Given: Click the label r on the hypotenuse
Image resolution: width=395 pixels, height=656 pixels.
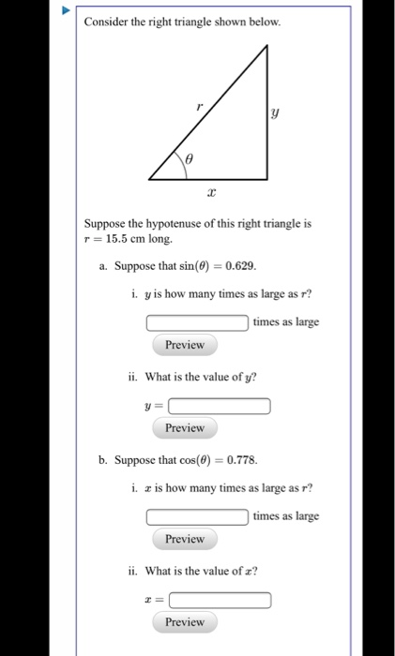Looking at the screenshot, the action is click(x=198, y=106).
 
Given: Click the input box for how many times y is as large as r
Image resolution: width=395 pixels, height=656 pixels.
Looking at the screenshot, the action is click(x=197, y=322).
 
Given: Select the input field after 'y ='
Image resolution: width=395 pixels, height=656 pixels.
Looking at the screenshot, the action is click(x=220, y=406).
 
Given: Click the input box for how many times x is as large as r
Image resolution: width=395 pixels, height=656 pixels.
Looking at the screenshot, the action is click(x=197, y=517).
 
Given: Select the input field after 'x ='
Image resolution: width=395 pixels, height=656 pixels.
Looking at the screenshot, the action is click(x=220, y=600).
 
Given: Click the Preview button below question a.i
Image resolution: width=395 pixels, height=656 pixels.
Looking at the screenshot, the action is click(x=184, y=345).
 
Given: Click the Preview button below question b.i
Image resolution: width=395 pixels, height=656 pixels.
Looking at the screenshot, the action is click(x=184, y=539).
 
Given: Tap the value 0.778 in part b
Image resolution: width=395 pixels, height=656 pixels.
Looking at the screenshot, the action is click(x=238, y=460).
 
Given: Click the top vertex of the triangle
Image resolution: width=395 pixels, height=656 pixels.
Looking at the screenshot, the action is click(x=268, y=46).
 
